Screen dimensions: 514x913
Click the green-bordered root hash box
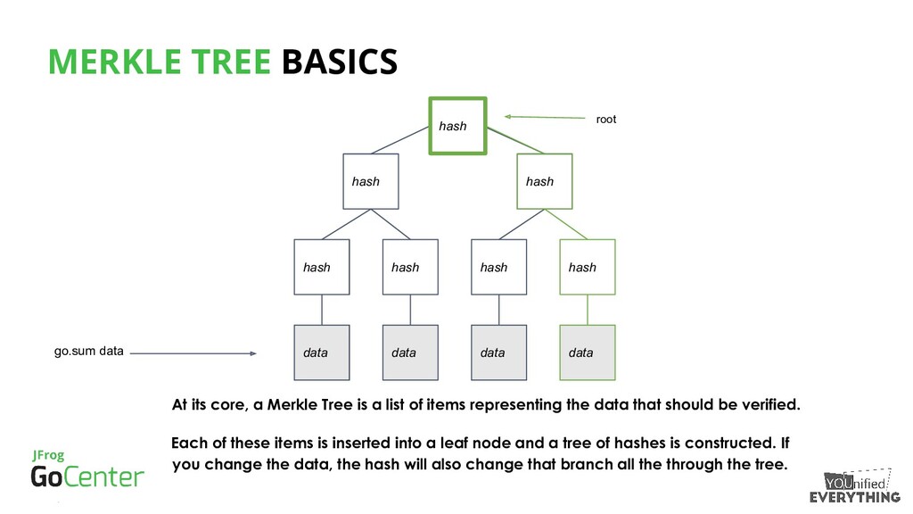(x=457, y=125)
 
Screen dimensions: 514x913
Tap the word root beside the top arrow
(x=606, y=119)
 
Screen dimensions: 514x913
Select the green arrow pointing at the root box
(x=543, y=116)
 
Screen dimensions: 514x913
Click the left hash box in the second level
(x=371, y=181)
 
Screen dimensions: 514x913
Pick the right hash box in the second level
(x=545, y=181)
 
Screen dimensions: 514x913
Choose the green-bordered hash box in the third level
(x=588, y=267)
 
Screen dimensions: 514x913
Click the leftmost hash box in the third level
(x=322, y=267)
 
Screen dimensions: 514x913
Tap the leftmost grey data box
(x=322, y=352)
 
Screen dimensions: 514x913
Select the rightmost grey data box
(x=588, y=352)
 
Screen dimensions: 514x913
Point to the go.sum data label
(x=89, y=352)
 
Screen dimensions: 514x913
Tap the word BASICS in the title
(x=339, y=62)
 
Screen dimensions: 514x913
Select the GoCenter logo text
(x=86, y=476)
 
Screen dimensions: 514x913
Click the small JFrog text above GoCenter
(x=48, y=455)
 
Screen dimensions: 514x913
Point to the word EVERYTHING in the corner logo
(x=855, y=497)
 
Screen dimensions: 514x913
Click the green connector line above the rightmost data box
(x=588, y=310)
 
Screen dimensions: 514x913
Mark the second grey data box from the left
(x=410, y=352)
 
